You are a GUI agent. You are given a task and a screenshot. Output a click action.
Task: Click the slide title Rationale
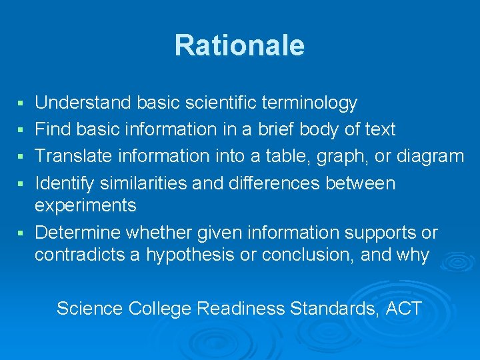click(239, 45)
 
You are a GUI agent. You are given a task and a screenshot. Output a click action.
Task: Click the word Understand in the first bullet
click(83, 103)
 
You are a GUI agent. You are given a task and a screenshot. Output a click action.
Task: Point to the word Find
click(51, 129)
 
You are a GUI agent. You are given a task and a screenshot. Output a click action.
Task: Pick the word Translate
click(73, 156)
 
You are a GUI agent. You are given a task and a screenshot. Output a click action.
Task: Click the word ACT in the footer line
click(403, 308)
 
